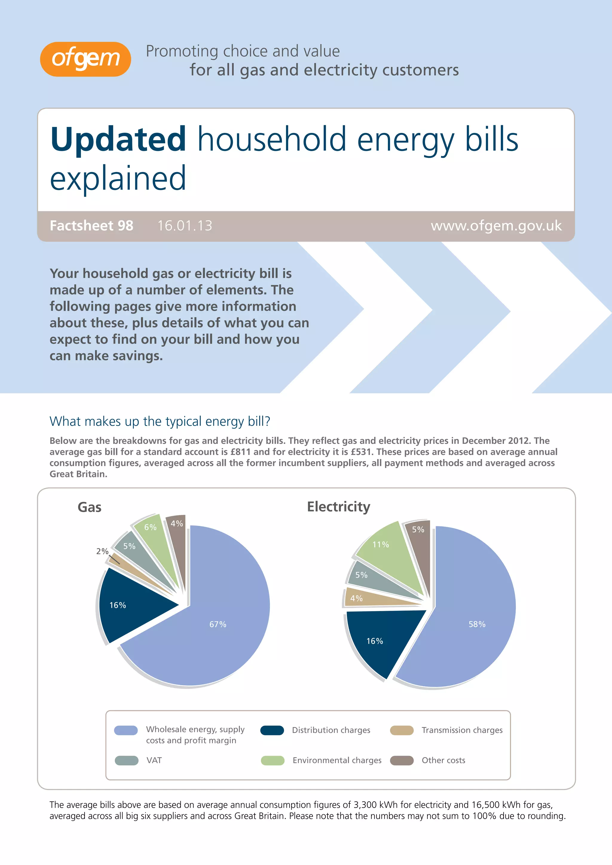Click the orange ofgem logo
(x=85, y=59)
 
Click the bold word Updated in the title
(x=118, y=139)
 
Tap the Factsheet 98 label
(x=91, y=226)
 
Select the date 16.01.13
(x=185, y=226)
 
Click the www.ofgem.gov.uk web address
(x=496, y=226)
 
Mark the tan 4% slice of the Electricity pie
(x=362, y=598)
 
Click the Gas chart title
(x=89, y=507)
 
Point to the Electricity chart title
(x=338, y=507)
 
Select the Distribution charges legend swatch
(x=272, y=730)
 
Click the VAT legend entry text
(x=154, y=760)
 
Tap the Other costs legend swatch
(x=402, y=760)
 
